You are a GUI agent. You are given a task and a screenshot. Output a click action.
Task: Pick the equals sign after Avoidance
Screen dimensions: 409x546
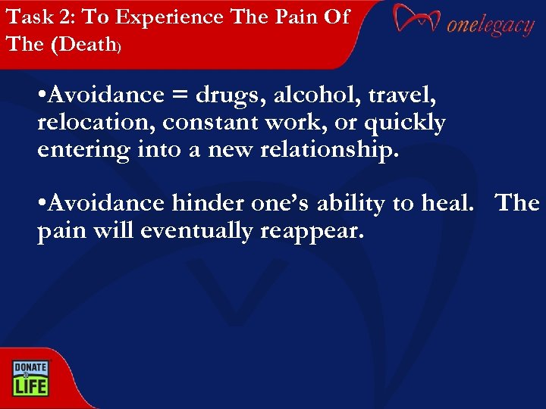[179, 96]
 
